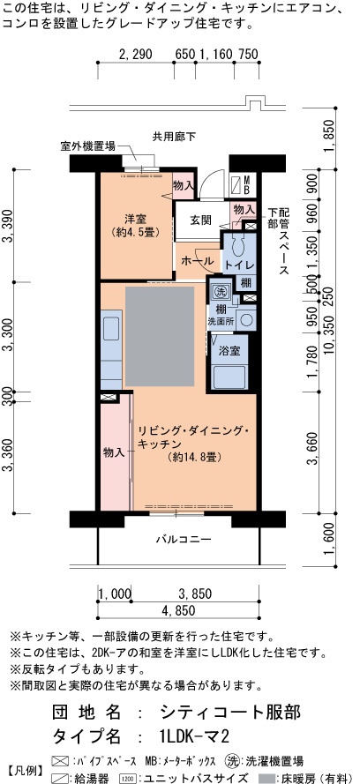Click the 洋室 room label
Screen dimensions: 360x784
coord(135,219)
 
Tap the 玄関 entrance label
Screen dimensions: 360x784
coord(200,220)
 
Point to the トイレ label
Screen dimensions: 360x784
coord(239,265)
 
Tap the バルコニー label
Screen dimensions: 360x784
coord(183,540)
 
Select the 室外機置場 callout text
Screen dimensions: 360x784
coord(88,146)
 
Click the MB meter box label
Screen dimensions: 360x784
coord(247,184)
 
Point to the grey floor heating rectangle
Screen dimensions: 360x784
coord(160,336)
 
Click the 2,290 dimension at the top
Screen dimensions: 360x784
coord(136,54)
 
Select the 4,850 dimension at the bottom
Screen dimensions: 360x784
coord(178,610)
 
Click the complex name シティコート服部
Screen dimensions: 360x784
coord(231,712)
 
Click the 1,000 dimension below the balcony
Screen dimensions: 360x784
coord(115,594)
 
